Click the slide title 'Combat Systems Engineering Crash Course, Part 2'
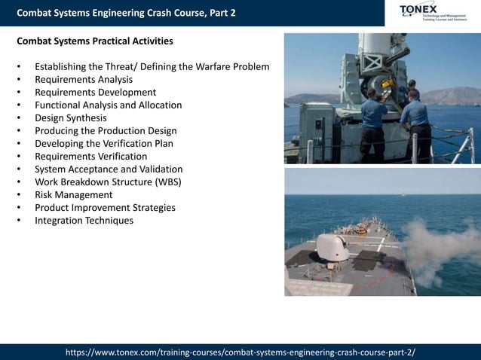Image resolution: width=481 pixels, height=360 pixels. pos(126,13)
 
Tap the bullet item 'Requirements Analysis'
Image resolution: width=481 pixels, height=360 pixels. pos(84,79)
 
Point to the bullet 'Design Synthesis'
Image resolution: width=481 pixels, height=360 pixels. pos(71,117)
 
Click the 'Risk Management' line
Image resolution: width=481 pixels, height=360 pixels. pos(74,194)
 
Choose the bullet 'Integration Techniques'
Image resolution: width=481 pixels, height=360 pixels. pos(84,220)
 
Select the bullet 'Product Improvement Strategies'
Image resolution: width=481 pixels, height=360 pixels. pos(105,207)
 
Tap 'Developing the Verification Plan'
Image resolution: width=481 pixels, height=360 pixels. pos(104,143)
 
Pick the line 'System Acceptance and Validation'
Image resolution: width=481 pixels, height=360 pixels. pos(109,169)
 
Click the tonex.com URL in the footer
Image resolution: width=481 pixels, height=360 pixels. pos(240,352)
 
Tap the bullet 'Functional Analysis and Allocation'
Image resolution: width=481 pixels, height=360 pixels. pos(108,105)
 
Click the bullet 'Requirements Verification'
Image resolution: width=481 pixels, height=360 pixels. pos(91,156)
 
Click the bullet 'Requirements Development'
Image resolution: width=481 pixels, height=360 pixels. pos(95,92)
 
